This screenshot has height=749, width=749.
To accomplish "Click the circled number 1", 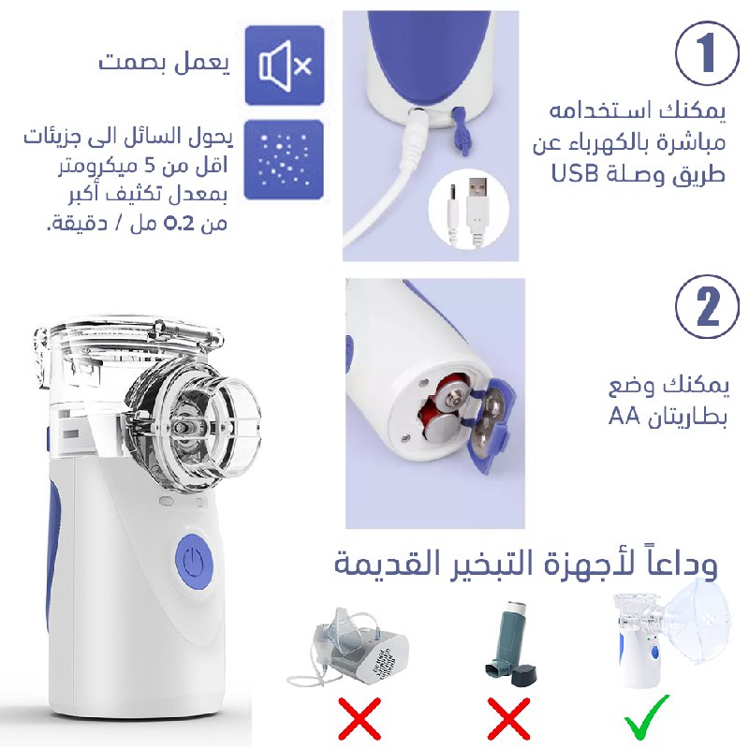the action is (707, 53).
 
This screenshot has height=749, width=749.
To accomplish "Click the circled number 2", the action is (707, 307).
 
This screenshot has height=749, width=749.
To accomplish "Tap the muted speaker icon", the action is (285, 66).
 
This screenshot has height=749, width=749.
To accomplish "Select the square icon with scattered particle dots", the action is (284, 159).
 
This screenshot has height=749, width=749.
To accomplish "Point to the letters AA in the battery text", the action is (624, 417).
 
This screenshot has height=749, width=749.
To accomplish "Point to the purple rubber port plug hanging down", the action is (461, 130).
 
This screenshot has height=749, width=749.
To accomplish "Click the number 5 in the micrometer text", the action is (150, 166).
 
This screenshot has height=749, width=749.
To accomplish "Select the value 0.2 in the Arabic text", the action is (179, 223).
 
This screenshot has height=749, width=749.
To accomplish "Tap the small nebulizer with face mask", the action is (672, 633).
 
